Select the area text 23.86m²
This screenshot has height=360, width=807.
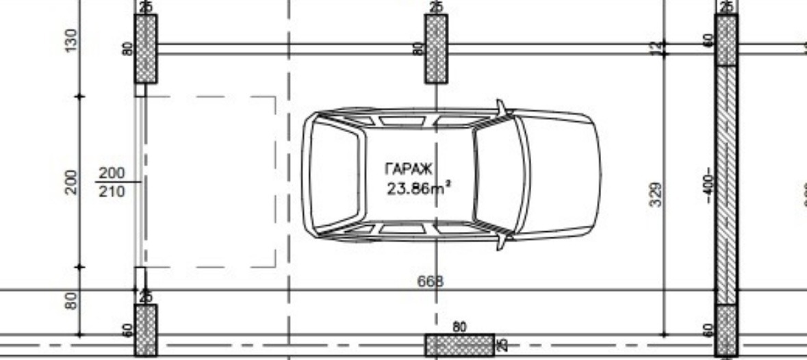418,188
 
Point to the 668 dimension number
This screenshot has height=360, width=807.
430,281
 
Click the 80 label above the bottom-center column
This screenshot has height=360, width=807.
459,327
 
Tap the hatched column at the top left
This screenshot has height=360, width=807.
145,49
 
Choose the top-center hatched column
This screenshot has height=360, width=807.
436,49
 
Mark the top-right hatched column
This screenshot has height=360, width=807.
726,40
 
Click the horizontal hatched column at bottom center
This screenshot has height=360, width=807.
459,345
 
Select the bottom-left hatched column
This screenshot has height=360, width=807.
145,330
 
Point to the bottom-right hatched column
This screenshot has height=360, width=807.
726,330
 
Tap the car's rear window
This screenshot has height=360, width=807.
335,175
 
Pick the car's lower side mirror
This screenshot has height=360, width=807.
503,242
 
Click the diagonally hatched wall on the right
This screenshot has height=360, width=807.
726,185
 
